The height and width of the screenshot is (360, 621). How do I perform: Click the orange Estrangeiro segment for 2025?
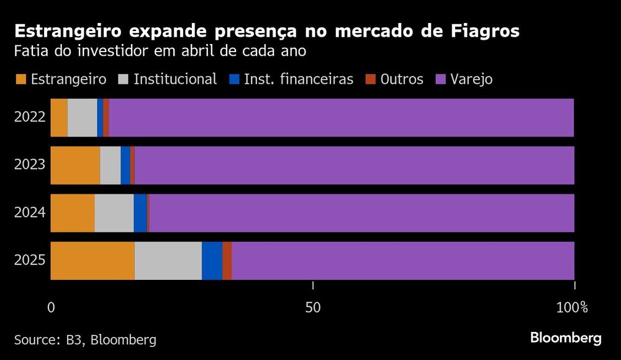[93, 261]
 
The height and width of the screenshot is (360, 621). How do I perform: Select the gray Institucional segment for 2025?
[168, 261]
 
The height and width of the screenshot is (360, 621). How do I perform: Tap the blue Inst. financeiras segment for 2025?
[212, 261]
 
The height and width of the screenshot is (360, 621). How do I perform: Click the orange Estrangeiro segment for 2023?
[75, 165]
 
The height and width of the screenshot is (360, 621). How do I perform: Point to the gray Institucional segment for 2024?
[114, 213]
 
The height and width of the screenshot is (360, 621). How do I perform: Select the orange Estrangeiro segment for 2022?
[59, 117]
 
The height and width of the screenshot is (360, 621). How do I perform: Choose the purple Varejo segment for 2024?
[361, 213]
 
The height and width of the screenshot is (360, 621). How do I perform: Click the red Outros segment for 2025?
[227, 261]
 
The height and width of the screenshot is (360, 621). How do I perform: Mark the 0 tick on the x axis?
[52, 307]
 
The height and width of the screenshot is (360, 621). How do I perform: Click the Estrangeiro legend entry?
[61, 79]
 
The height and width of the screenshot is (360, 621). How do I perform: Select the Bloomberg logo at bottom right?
[566, 338]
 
